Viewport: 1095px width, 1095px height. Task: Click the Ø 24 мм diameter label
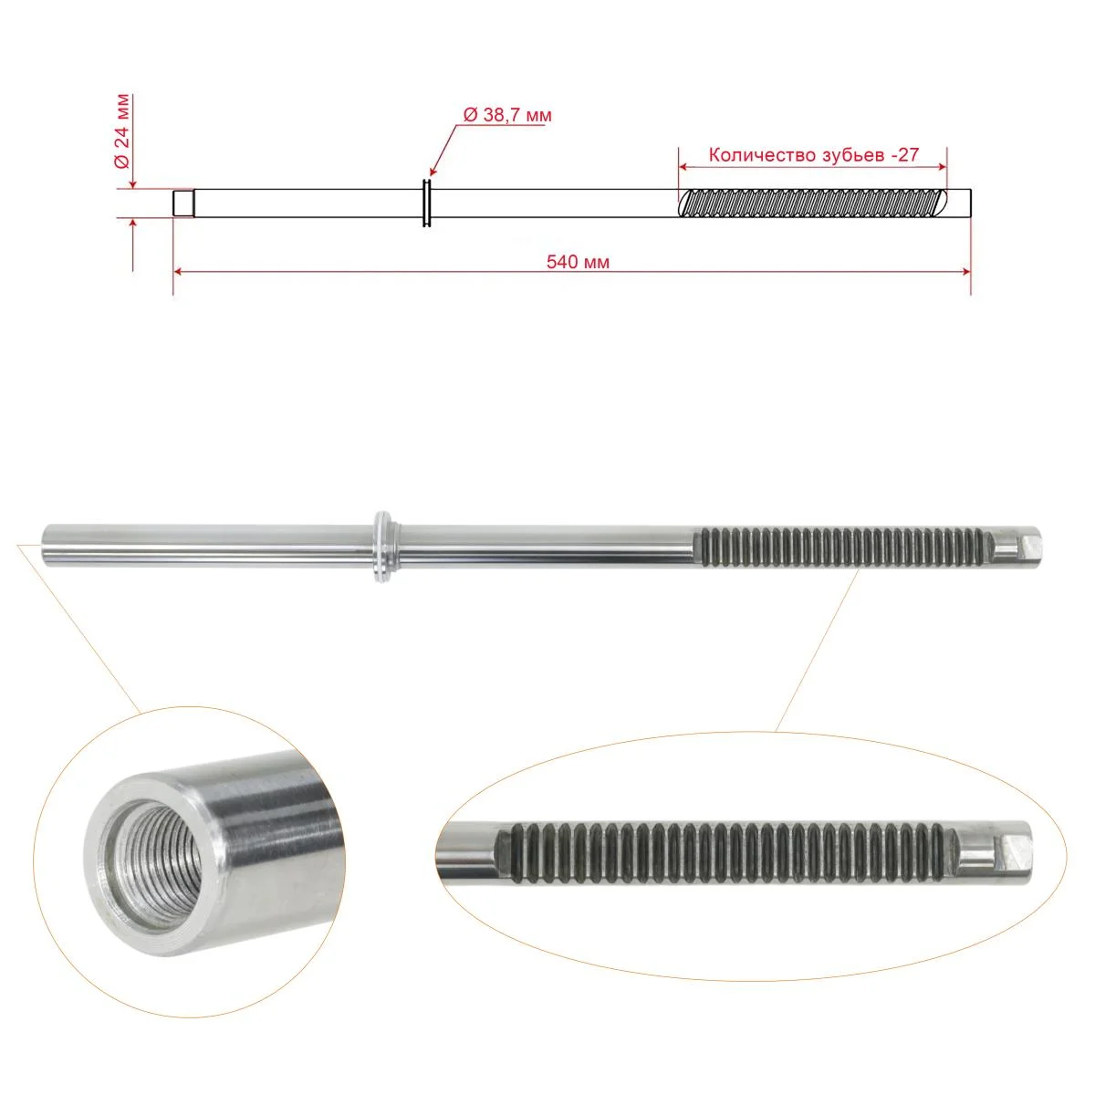pyautogui.click(x=123, y=130)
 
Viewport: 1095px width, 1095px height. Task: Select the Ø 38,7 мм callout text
pyautogui.click(x=507, y=115)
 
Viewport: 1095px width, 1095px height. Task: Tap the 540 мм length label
pyautogui.click(x=578, y=262)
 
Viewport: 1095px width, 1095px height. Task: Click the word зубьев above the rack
pyautogui.click(x=849, y=155)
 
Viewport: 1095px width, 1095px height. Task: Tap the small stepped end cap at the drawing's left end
pyautogui.click(x=183, y=203)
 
